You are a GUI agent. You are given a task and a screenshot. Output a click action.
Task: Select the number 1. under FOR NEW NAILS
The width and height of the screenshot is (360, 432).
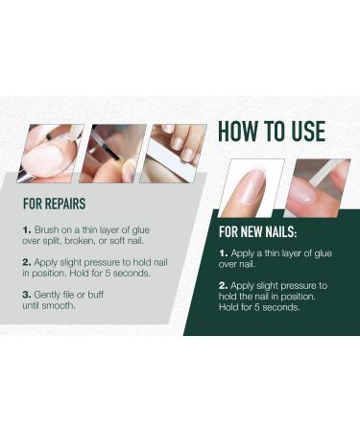[225, 252]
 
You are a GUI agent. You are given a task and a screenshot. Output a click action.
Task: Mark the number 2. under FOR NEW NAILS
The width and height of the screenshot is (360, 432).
[225, 285]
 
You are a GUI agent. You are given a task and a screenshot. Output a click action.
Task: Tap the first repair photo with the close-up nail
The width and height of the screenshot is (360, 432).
[50, 154]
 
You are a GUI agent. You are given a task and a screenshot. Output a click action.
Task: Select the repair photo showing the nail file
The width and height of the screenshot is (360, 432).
[173, 154]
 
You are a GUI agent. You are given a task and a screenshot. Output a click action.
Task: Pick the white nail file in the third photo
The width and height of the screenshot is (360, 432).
[178, 146]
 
